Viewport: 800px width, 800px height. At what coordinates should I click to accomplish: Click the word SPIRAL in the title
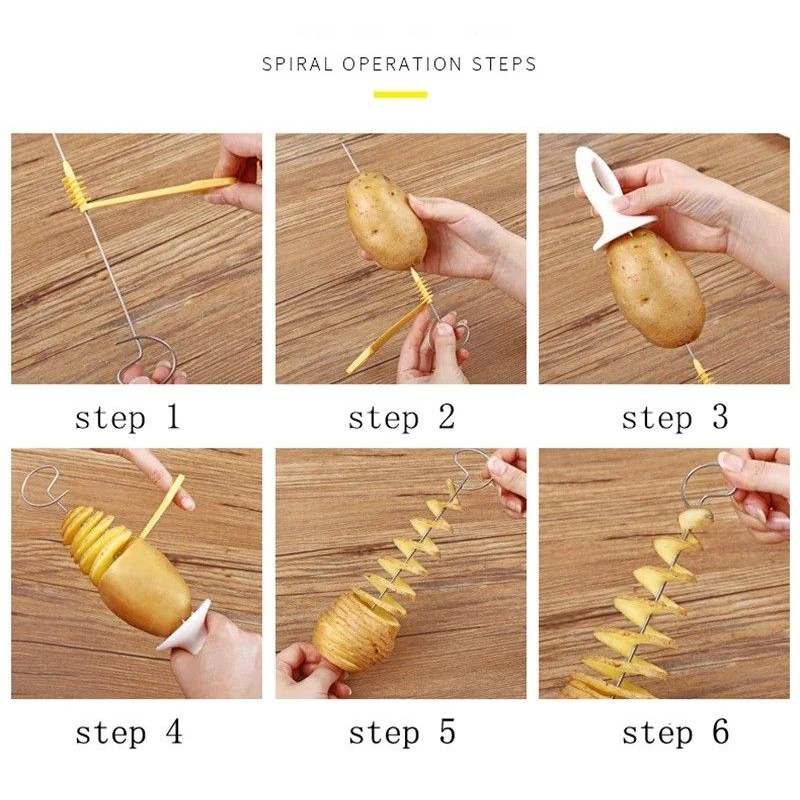pyautogui.click(x=298, y=64)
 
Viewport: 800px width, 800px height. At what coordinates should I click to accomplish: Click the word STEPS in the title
pyautogui.click(x=504, y=64)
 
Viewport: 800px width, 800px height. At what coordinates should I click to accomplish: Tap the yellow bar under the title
pyautogui.click(x=400, y=95)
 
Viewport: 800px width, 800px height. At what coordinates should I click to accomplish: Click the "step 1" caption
pyautogui.click(x=127, y=417)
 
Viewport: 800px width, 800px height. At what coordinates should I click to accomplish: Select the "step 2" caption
pyautogui.click(x=401, y=417)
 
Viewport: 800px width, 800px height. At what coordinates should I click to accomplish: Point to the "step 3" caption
pyautogui.click(x=675, y=417)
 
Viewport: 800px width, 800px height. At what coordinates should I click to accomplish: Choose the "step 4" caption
pyautogui.click(x=129, y=732)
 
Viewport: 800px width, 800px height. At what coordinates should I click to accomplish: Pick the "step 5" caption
pyautogui.click(x=401, y=732)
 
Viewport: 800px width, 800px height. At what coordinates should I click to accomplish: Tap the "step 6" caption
pyautogui.click(x=675, y=732)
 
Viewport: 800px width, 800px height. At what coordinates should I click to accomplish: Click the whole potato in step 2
pyautogui.click(x=385, y=218)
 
